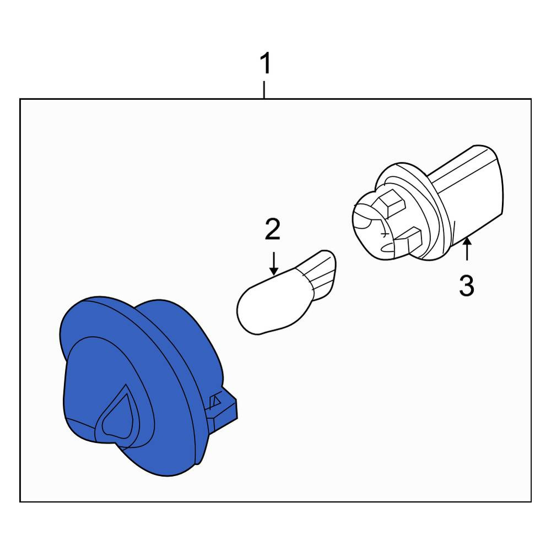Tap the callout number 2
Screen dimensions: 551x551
pyautogui.click(x=273, y=229)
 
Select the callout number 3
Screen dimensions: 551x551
pyautogui.click(x=467, y=285)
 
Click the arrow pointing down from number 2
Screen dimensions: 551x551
pyautogui.click(x=273, y=263)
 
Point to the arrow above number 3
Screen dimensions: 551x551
pyautogui.click(x=467, y=249)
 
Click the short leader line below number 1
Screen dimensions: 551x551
pyautogui.click(x=264, y=90)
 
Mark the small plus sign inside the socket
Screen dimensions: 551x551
pyautogui.click(x=385, y=234)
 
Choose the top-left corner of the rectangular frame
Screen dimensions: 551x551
pyautogui.click(x=20, y=99)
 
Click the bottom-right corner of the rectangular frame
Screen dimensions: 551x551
pyautogui.click(x=531, y=501)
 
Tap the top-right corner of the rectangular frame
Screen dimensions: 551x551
pyautogui.click(x=531, y=99)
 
